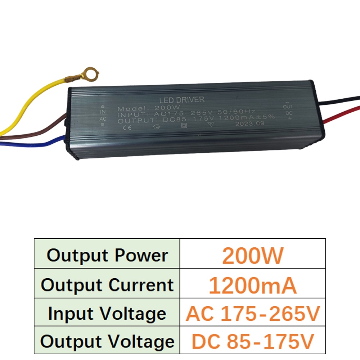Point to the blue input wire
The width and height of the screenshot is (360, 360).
[x=35, y=144]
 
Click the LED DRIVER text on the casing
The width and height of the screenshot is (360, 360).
[x=181, y=100]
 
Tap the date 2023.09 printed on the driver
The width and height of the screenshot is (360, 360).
[x=249, y=123]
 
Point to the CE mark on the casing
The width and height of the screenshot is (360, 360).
[x=127, y=127]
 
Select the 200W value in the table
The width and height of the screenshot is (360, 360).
[x=253, y=255]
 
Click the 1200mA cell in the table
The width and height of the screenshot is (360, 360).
[x=253, y=285]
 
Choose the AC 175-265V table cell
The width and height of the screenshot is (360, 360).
[x=253, y=314]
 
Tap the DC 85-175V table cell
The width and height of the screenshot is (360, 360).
[x=253, y=341]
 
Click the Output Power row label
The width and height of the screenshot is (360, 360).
[x=107, y=255]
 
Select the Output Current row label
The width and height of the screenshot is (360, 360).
[x=107, y=285]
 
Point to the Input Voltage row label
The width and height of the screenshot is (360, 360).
[x=107, y=314]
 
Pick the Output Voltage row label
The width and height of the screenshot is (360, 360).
[x=107, y=342]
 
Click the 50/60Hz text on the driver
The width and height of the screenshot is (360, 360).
[x=237, y=112]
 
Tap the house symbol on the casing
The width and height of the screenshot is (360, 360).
[x=156, y=126]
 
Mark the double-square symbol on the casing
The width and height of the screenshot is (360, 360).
[x=184, y=125]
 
